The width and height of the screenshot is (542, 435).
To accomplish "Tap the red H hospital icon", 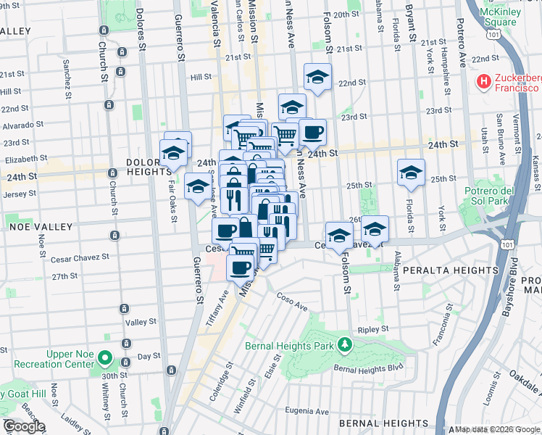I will (x=483, y=82).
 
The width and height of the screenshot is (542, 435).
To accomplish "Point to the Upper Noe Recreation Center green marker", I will (x=106, y=358).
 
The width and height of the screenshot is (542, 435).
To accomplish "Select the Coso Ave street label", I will (x=292, y=302).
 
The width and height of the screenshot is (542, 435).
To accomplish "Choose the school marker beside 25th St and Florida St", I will (x=411, y=172).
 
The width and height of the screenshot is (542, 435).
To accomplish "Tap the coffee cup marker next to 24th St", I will (x=312, y=132).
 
